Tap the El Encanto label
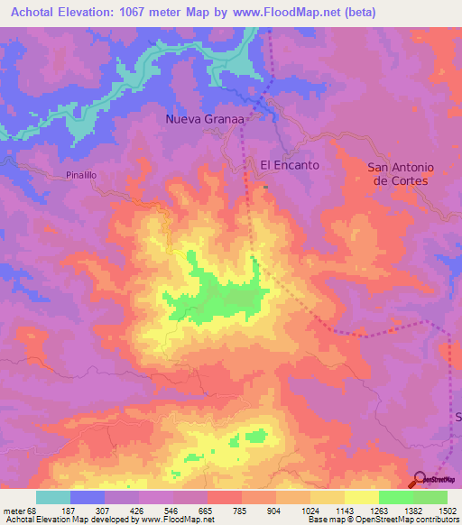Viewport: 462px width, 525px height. pyautogui.click(x=290, y=165)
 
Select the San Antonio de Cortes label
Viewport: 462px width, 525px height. pyautogui.click(x=401, y=173)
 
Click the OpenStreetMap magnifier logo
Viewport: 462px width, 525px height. pyautogui.click(x=420, y=479)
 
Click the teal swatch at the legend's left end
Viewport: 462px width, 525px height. pyautogui.click(x=53, y=498)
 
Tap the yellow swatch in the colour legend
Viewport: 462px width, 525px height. pyautogui.click(x=361, y=498)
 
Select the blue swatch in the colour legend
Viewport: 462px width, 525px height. pyautogui.click(x=88, y=498)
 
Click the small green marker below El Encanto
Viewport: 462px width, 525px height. pyautogui.click(x=266, y=187)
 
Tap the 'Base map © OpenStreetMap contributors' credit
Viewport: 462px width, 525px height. pyautogui.click(x=383, y=520)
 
